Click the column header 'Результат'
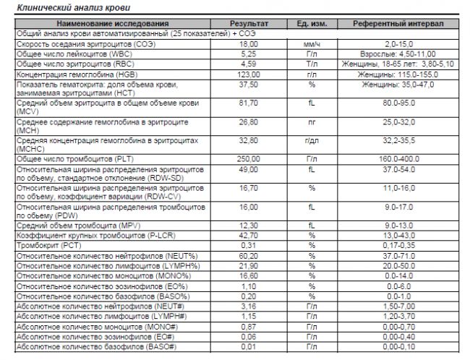point(247,24)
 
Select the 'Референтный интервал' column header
point(398,24)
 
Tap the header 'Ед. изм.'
point(312,24)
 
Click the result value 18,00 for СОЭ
point(248,44)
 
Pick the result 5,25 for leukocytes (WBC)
point(248,54)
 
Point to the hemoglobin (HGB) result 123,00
point(248,74)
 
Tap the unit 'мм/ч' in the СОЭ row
point(312,44)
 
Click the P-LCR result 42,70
point(248,235)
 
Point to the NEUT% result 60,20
point(248,255)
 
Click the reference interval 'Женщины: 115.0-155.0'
point(398,74)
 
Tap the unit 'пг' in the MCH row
point(312,121)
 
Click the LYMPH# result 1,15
point(248,317)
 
